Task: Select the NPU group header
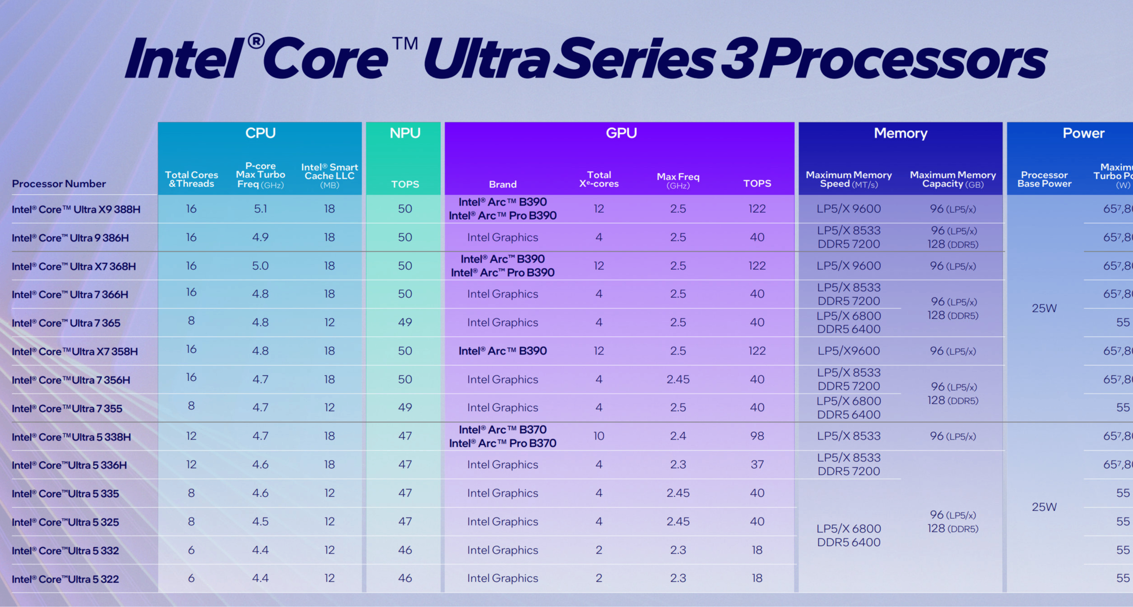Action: click(405, 133)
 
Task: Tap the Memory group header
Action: click(900, 133)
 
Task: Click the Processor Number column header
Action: click(59, 184)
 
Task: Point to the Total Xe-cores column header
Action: click(598, 179)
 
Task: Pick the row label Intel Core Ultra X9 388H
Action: click(76, 210)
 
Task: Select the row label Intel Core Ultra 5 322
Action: click(65, 579)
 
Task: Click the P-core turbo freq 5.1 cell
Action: click(260, 209)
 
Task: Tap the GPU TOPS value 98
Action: click(757, 436)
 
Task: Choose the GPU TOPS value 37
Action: click(757, 464)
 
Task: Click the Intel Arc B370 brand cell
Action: click(502, 436)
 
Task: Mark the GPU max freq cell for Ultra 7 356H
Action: click(678, 379)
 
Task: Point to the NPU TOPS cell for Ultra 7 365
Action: click(405, 322)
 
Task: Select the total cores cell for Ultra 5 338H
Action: click(191, 436)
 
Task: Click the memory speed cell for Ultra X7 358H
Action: click(848, 351)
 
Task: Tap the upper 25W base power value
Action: click(1044, 308)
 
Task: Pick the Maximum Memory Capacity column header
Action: click(952, 179)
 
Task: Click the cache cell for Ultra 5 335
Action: click(329, 493)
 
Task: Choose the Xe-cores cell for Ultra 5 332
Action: click(598, 550)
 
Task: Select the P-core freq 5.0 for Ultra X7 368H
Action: click(260, 266)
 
